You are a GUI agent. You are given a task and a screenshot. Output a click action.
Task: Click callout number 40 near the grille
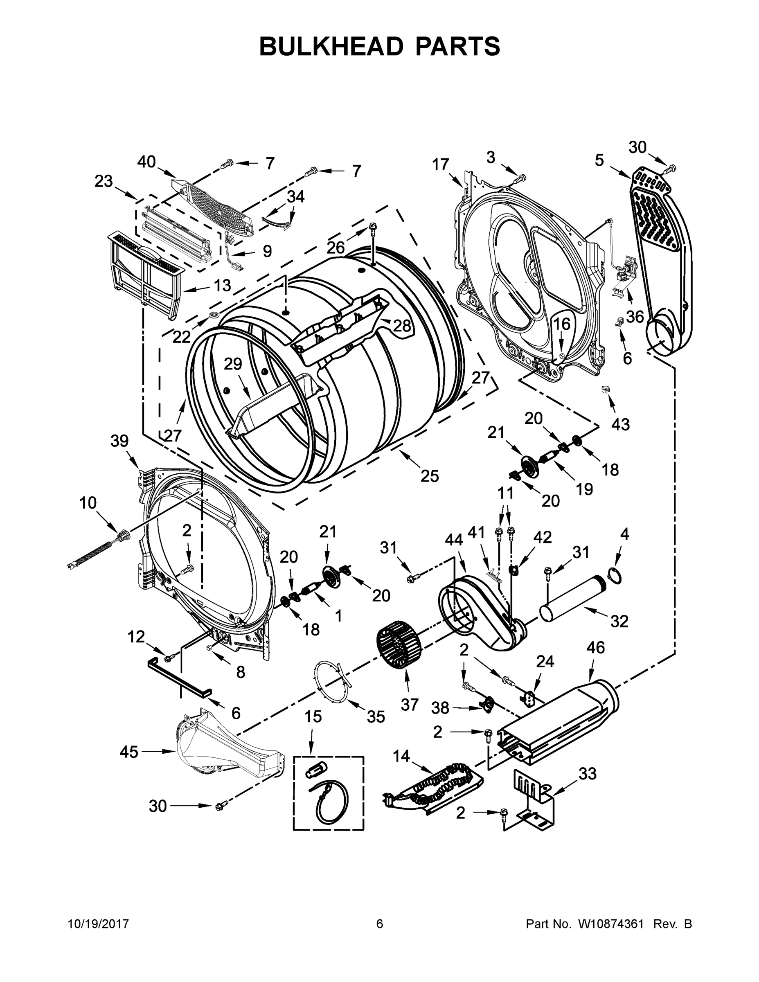146,162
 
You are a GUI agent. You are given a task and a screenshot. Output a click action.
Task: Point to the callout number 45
128,751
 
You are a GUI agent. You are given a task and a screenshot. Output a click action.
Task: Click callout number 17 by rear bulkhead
441,165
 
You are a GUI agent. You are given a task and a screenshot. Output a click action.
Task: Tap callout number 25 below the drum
429,476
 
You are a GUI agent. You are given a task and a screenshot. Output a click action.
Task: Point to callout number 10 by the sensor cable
88,503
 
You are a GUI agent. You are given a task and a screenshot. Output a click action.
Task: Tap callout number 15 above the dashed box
313,716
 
